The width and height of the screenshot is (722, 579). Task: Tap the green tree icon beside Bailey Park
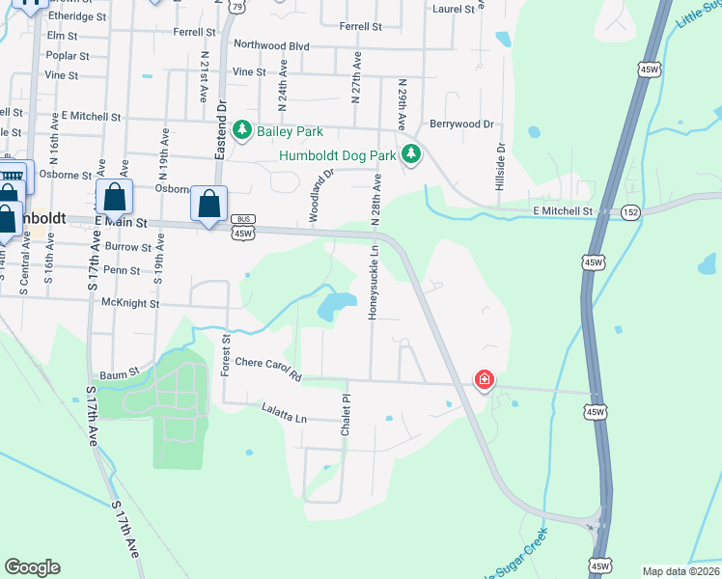pyautogui.click(x=241, y=130)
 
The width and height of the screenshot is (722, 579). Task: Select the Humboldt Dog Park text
pyautogui.click(x=338, y=154)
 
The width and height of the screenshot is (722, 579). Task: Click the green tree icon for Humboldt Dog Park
pyautogui.click(x=411, y=153)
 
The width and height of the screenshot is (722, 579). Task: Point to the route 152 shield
pyautogui.click(x=630, y=211)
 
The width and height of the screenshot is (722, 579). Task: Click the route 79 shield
pyautogui.click(x=237, y=6)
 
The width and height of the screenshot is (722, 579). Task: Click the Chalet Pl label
pyautogui.click(x=345, y=415)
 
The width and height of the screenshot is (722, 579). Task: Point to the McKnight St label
pyautogui.click(x=129, y=303)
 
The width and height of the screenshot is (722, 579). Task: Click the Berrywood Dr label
pyautogui.click(x=461, y=124)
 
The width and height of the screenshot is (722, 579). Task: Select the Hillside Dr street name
pyautogui.click(x=501, y=167)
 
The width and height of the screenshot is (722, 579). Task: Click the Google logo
pyautogui.click(x=32, y=567)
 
